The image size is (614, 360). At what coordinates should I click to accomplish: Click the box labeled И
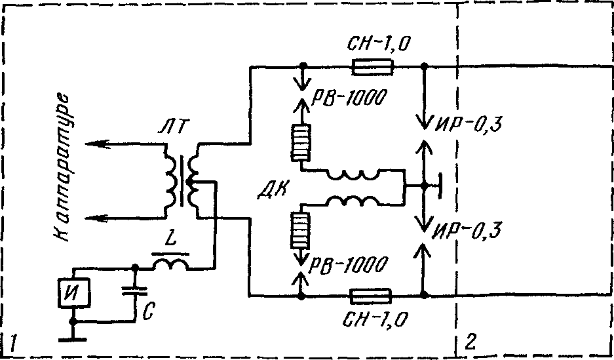74,292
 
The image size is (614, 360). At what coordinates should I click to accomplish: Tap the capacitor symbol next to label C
134,290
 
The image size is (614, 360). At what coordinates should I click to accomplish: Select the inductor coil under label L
170,265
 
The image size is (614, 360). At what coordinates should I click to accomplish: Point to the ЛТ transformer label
174,127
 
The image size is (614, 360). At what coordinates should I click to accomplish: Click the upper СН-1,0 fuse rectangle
372,67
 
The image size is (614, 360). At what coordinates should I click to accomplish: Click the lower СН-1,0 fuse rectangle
370,296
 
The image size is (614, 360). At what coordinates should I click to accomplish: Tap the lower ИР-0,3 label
466,231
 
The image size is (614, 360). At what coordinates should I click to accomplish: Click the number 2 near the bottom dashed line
470,342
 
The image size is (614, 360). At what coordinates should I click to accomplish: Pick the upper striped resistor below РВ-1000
301,142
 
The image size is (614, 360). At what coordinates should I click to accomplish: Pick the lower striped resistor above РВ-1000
300,230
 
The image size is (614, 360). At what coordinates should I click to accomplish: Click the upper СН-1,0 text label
378,45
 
